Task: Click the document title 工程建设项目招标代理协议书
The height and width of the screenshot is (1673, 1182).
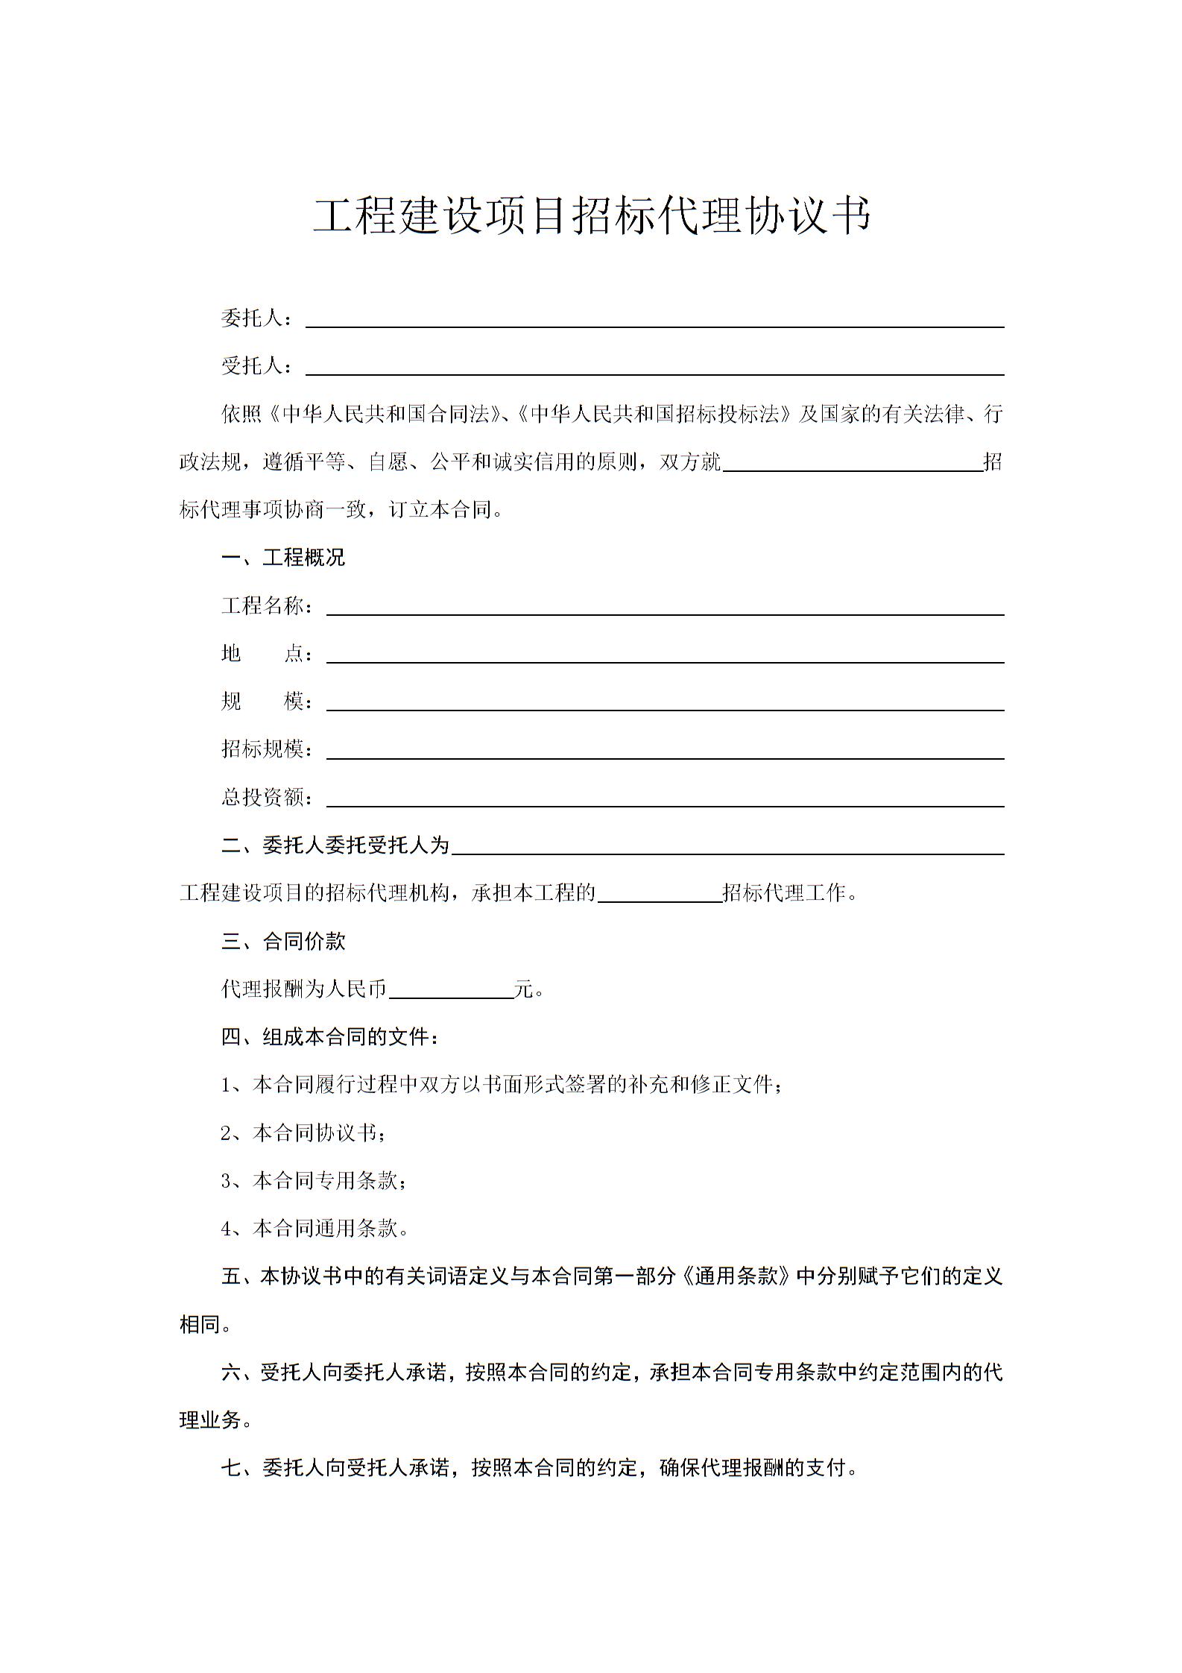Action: (x=592, y=216)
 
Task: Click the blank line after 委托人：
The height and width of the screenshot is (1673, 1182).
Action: (x=654, y=321)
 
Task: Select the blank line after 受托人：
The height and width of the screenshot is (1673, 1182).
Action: (x=654, y=368)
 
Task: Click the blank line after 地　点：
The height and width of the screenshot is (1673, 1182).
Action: (x=665, y=655)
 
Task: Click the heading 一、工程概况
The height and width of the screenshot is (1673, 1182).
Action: (x=283, y=558)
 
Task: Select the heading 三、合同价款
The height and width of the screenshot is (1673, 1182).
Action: (x=283, y=941)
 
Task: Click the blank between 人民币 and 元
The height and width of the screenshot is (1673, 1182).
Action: (x=451, y=991)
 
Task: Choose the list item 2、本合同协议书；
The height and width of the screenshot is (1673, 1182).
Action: (x=304, y=1133)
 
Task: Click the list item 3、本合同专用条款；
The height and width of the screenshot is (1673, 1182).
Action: (x=314, y=1181)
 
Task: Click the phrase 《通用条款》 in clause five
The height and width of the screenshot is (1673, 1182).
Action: (x=735, y=1277)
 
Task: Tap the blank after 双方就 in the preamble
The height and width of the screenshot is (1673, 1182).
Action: (x=853, y=464)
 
